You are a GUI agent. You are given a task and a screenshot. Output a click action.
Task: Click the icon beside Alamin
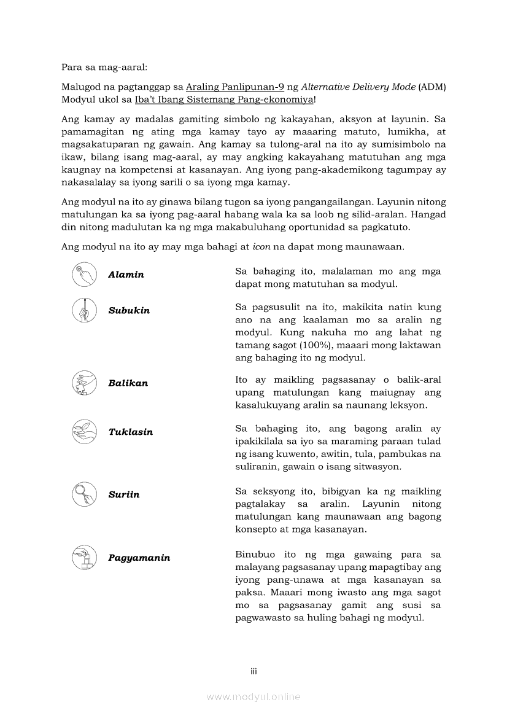[x=84, y=274]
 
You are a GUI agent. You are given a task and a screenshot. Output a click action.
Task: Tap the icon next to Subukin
[x=84, y=310]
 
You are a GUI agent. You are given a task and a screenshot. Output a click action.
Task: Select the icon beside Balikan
[x=84, y=383]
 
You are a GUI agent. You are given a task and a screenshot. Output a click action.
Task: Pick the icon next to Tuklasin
[x=84, y=431]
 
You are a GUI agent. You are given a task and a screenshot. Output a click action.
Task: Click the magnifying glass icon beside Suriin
[x=84, y=494]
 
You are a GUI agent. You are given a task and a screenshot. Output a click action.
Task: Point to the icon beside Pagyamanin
[x=84, y=557]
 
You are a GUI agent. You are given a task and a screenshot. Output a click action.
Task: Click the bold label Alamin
[x=126, y=275]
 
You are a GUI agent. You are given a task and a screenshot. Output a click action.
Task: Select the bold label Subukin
[x=129, y=310]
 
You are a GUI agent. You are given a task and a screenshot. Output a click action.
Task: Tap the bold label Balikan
[x=128, y=383]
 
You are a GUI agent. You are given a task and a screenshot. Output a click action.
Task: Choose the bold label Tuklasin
[x=130, y=432]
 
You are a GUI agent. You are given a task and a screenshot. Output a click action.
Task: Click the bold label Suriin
[x=124, y=494]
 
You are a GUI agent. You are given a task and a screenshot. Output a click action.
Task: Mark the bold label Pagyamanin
[x=139, y=558]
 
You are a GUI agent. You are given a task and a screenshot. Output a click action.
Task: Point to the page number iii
[x=253, y=671]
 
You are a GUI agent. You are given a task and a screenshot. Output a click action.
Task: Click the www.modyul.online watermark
[x=253, y=697]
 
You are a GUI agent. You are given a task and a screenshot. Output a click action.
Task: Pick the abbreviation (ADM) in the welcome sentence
[x=432, y=87]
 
